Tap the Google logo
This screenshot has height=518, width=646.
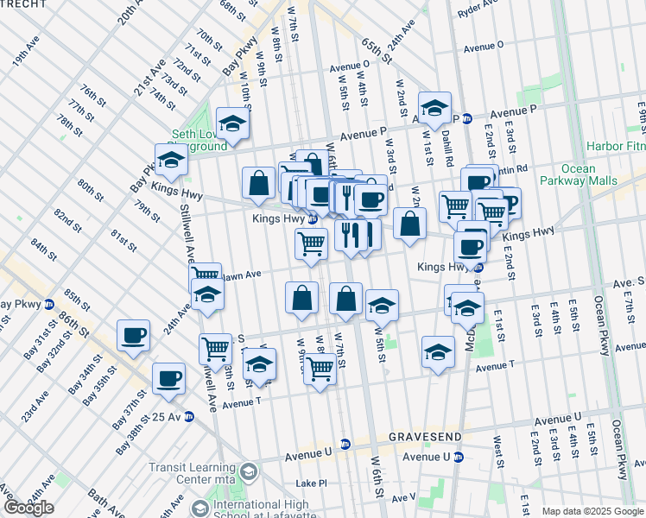(x=28, y=508)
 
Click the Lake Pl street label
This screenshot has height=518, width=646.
(x=311, y=484)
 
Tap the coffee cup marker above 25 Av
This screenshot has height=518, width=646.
(x=168, y=376)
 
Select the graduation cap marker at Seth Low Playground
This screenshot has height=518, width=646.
(x=232, y=123)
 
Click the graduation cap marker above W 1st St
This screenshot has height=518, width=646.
(x=434, y=106)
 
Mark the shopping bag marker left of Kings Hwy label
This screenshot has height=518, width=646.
(x=258, y=182)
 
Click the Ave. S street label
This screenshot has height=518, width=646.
(x=629, y=282)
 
